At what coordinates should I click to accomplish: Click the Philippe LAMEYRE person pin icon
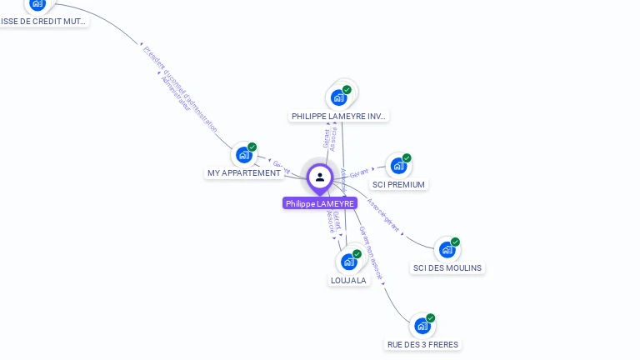pyautogui.click(x=320, y=177)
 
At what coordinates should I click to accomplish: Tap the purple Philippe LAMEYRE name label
pyautogui.click(x=320, y=203)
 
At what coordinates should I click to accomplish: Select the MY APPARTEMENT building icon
pyautogui.click(x=243, y=154)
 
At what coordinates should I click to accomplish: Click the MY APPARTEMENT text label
pyautogui.click(x=243, y=173)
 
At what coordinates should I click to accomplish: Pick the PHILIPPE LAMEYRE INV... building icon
pyautogui.click(x=339, y=97)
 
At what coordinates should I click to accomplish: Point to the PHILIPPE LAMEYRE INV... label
pyautogui.click(x=339, y=117)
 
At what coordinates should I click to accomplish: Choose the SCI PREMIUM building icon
pyautogui.click(x=398, y=166)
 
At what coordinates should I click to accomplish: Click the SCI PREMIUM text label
pyautogui.click(x=398, y=185)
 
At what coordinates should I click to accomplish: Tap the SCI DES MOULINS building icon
pyautogui.click(x=447, y=249)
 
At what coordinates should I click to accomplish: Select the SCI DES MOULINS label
pyautogui.click(x=447, y=268)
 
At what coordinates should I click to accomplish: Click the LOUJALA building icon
pyautogui.click(x=349, y=262)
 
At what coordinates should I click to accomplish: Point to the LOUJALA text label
pyautogui.click(x=348, y=281)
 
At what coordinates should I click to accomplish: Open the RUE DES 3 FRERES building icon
pyautogui.click(x=422, y=326)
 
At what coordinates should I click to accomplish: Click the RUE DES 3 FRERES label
pyautogui.click(x=422, y=345)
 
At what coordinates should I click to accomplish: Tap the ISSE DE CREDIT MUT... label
pyautogui.click(x=43, y=22)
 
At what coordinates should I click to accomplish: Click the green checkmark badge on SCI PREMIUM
pyautogui.click(x=407, y=158)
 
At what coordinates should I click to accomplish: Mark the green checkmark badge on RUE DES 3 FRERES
pyautogui.click(x=431, y=318)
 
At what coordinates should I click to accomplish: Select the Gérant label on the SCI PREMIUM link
pyautogui.click(x=359, y=173)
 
